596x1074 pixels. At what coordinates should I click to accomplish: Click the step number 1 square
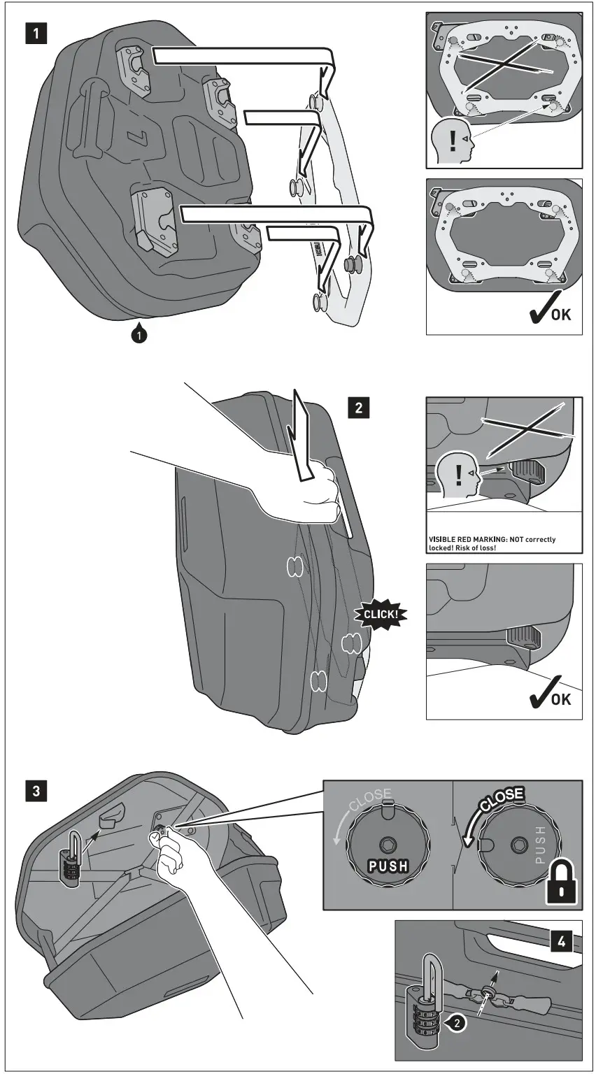pos(37,34)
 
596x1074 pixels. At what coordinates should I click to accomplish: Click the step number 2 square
pos(359,408)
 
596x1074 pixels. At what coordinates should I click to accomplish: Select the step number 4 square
pos(562,942)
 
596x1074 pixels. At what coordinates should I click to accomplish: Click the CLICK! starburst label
pos(381,615)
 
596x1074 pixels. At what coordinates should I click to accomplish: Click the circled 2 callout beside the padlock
pos(456,1022)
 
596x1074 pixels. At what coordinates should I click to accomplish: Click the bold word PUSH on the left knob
pos(389,866)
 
